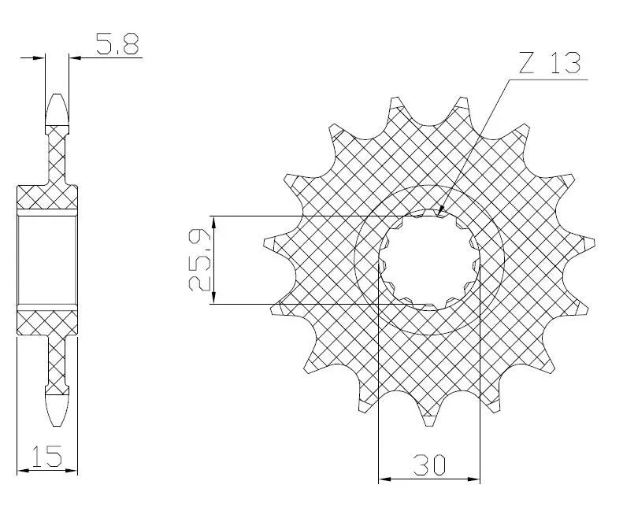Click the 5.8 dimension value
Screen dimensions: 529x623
tap(117, 46)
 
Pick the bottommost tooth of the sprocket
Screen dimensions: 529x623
tap(428, 417)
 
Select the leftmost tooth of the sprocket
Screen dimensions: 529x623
tap(267, 245)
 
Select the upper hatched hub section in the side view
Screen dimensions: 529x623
tap(48, 197)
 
